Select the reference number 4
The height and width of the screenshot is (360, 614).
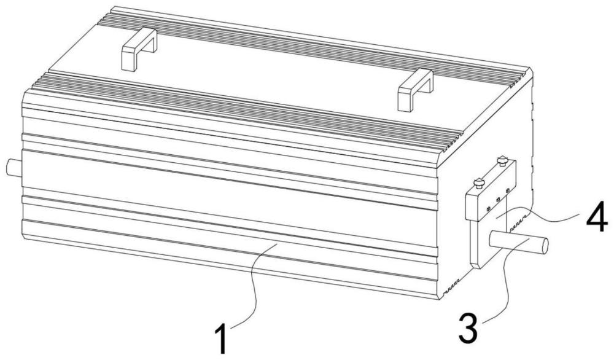click(x=597, y=222)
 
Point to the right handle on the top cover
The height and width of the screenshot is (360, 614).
click(x=416, y=90)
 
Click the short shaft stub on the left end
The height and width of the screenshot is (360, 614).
click(x=14, y=168)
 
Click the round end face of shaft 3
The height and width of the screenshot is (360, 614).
click(x=543, y=245)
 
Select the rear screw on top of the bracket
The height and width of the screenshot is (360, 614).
click(x=502, y=160)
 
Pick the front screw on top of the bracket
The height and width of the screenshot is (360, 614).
click(x=478, y=182)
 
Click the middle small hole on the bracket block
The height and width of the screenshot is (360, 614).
click(x=498, y=200)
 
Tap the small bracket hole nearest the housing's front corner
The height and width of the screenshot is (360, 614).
click(x=488, y=208)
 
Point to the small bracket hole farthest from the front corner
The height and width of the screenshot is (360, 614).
click(x=508, y=190)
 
